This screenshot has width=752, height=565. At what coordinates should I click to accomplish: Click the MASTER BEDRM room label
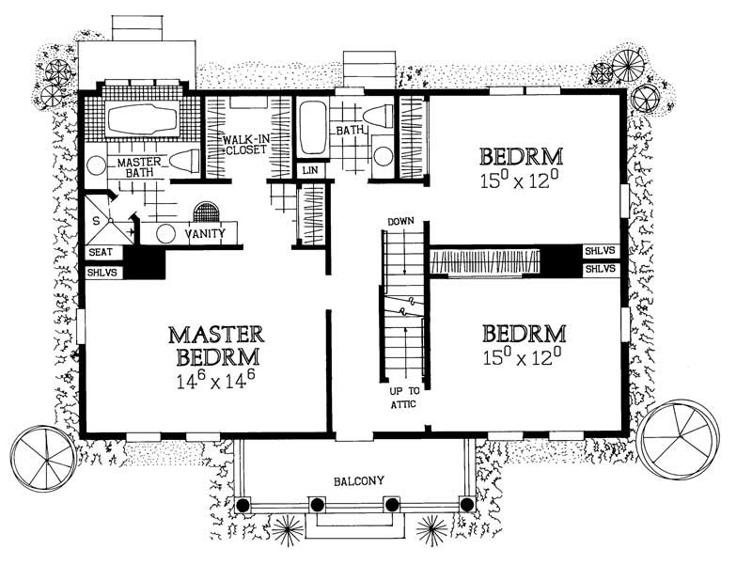pos(216,346)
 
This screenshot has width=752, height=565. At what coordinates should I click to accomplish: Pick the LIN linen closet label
pos(309,170)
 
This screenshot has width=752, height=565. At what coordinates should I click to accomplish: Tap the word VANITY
pos(204,233)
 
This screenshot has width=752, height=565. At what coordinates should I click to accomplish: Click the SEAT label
pos(101,253)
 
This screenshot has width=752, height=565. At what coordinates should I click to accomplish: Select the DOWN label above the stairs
pos(399,221)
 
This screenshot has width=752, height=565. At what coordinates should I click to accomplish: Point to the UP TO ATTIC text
pos(399,397)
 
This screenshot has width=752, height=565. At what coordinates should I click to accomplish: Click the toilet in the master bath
pos(183,162)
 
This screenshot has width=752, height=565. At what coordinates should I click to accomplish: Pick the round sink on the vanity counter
pos(166,234)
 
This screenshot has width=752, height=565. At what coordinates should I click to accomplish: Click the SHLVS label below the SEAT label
pos(101,272)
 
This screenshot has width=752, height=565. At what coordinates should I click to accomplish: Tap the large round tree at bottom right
pos(679,433)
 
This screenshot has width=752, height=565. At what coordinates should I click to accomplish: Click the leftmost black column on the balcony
pos(243,505)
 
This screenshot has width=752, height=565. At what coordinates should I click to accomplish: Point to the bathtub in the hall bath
pos(313,129)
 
